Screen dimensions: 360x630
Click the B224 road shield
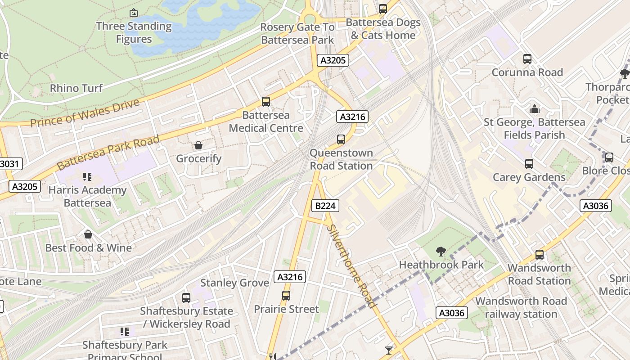325,206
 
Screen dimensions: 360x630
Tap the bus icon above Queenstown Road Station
341,139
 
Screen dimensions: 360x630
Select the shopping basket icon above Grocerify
198,145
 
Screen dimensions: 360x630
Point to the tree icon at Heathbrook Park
441,252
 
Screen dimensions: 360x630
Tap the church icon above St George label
534,109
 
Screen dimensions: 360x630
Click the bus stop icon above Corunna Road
527,59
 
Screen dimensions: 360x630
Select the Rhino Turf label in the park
76,88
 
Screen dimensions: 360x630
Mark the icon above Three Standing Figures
133,13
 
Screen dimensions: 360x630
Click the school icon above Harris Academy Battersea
87,177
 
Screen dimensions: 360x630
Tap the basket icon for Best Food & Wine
88,234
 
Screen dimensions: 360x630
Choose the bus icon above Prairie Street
286,296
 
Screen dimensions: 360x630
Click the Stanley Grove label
234,283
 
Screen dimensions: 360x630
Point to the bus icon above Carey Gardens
529,164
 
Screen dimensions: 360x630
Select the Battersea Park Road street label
108,152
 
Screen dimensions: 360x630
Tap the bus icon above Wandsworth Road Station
539,255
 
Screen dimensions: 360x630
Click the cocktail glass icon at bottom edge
389,350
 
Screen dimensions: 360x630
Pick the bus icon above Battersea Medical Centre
266,102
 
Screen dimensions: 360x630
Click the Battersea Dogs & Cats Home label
383,29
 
